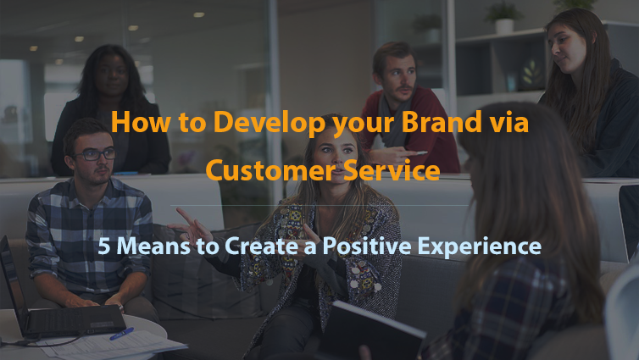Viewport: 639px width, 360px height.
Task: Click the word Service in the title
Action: point(392,169)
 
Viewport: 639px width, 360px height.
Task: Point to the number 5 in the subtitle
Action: point(104,246)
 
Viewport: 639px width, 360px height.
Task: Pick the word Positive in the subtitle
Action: point(367,246)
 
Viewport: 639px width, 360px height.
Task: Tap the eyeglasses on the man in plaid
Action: point(95,154)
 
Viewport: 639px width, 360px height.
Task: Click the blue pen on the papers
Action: point(121,334)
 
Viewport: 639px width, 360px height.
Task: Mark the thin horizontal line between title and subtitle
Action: point(319,205)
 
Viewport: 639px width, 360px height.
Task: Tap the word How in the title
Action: point(141,122)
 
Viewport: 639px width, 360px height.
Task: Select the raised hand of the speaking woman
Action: point(192,228)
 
